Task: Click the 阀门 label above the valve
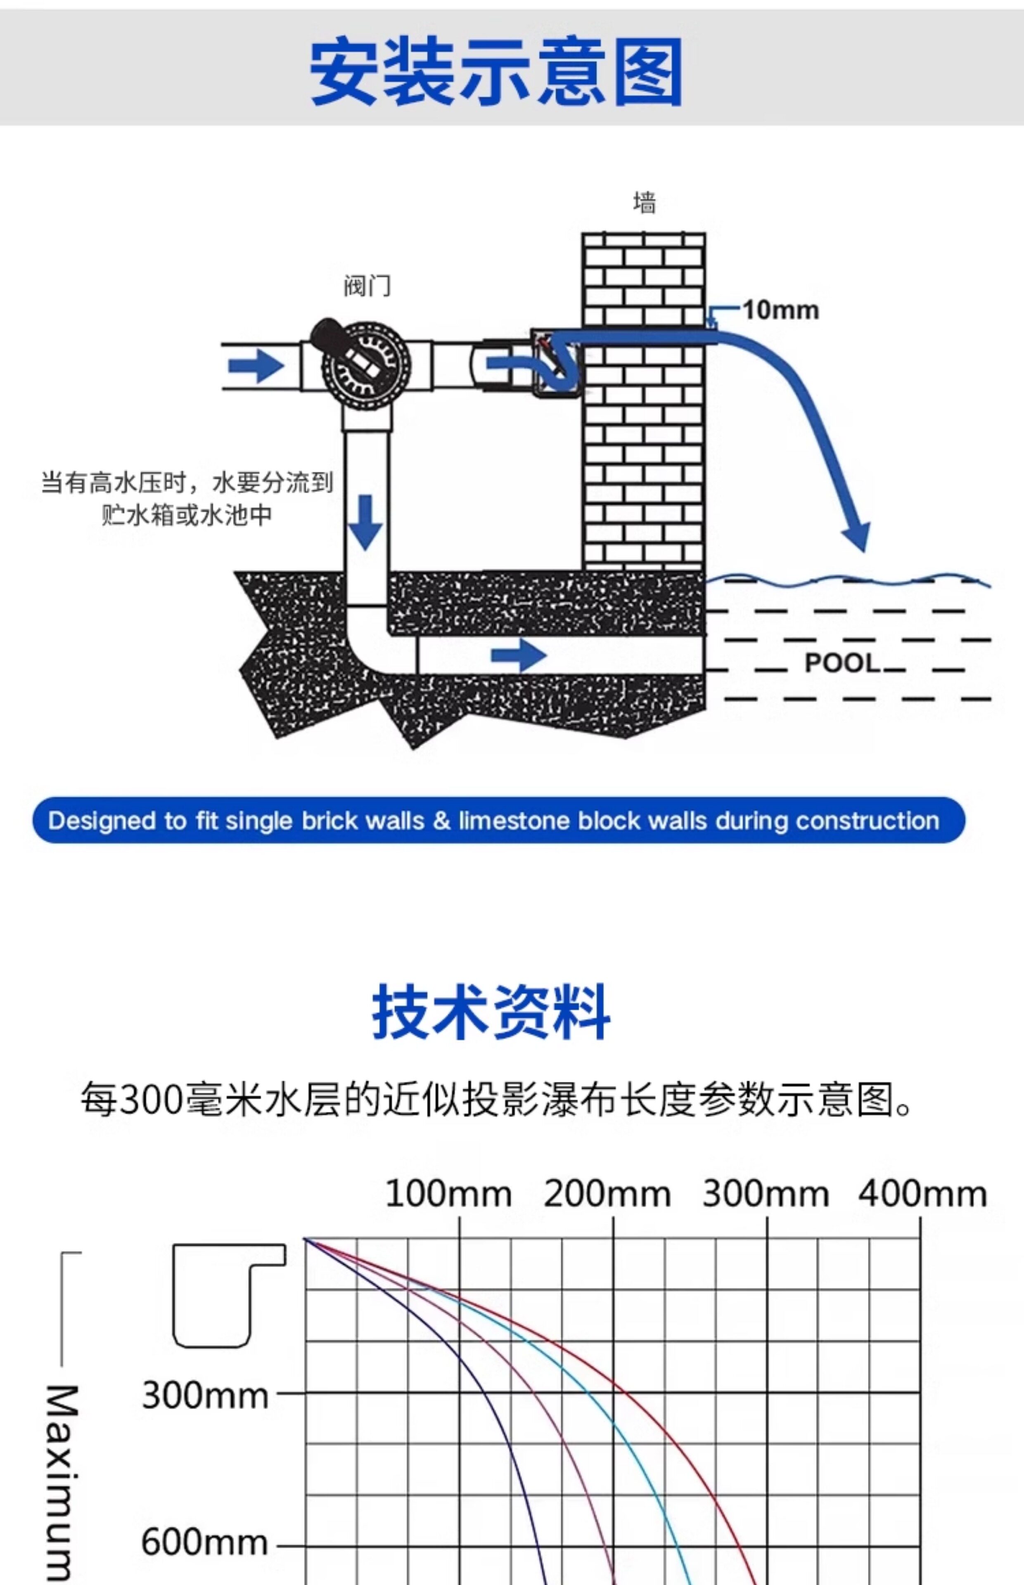tap(367, 286)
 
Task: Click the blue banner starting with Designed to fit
tap(498, 820)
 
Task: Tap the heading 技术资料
tap(491, 1012)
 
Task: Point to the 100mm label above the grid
tap(448, 1194)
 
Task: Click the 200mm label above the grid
tap(607, 1194)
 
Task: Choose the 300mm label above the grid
tap(766, 1194)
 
